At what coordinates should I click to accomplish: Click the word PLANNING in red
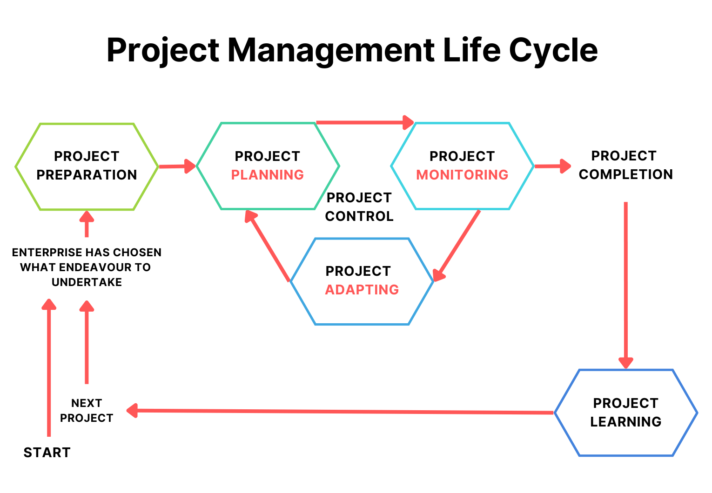[x=267, y=175]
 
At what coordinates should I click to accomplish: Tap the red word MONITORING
[x=462, y=175]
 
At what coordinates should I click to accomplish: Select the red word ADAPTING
[x=362, y=290]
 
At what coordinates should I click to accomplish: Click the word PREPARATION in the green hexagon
[x=87, y=175]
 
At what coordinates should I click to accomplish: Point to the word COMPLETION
[x=626, y=174]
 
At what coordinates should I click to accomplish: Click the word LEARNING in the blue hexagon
[x=626, y=422]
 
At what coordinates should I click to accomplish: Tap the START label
[x=47, y=453]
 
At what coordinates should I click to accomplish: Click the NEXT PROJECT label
[x=87, y=410]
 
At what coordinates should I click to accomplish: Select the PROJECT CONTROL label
[x=359, y=207]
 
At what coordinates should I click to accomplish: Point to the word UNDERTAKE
[x=87, y=282]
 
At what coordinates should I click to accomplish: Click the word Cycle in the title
[x=553, y=51]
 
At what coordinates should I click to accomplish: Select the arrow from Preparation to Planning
[x=177, y=166]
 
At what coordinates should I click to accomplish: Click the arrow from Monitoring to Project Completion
[x=553, y=166]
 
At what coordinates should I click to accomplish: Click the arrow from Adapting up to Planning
[x=267, y=246]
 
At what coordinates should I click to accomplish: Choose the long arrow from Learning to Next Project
[x=340, y=411]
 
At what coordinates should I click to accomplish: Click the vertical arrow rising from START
[x=49, y=367]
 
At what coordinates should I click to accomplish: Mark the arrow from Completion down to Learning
[x=626, y=285]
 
